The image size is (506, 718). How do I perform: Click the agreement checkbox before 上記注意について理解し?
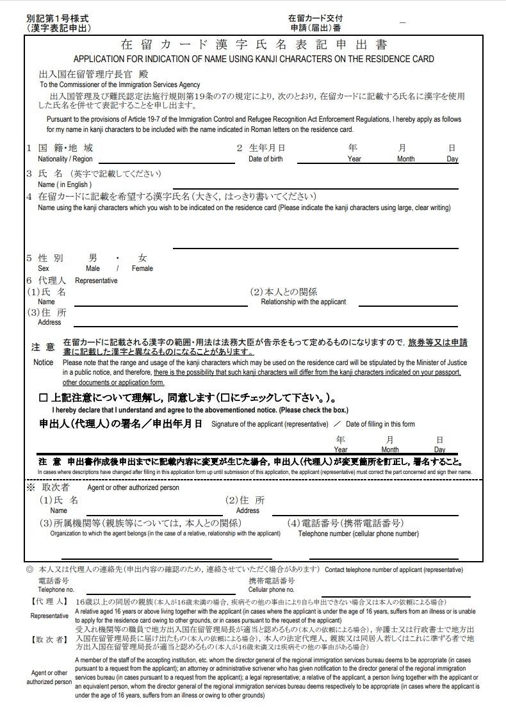pyautogui.click(x=43, y=397)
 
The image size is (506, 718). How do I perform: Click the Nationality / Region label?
pyautogui.click(x=65, y=159)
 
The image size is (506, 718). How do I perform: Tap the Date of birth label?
pyautogui.click(x=265, y=159)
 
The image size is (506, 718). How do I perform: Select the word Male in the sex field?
pyautogui.click(x=93, y=268)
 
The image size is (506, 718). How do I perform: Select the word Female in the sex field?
pyautogui.click(x=142, y=268)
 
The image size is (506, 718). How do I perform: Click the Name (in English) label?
pyautogui.click(x=65, y=185)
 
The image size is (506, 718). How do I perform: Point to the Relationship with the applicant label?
pyautogui.click(x=303, y=302)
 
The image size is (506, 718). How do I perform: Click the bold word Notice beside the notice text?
pyautogui.click(x=44, y=362)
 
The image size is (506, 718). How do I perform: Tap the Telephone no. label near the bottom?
pyautogui.click(x=56, y=589)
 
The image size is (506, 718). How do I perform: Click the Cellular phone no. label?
pyautogui.click(x=272, y=589)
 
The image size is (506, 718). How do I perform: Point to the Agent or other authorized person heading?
pyautogui.click(x=133, y=487)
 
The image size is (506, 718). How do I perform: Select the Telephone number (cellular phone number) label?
pyautogui.click(x=359, y=533)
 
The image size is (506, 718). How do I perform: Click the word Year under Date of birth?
pyautogui.click(x=354, y=159)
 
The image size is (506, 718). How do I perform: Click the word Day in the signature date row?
pyautogui.click(x=439, y=450)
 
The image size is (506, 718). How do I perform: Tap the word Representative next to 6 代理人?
pyautogui.click(x=96, y=281)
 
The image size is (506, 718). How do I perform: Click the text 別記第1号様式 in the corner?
pyautogui.click(x=58, y=18)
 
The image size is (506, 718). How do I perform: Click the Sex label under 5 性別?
pyautogui.click(x=44, y=268)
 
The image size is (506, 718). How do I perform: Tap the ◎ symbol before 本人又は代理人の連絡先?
pyautogui.click(x=29, y=569)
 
